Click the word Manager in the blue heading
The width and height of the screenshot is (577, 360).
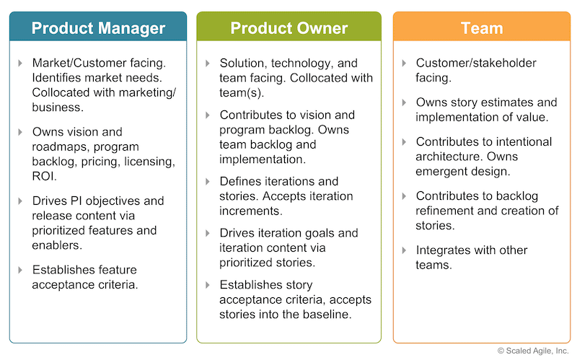pos(132,28)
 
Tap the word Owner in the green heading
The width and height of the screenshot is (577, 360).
pos(322,28)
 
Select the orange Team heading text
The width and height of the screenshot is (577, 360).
pos(482,28)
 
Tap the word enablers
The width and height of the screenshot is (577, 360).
pos(57,245)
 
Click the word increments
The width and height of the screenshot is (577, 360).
pos(250,211)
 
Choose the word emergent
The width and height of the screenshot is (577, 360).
pos(440,172)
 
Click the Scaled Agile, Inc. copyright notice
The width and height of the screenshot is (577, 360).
pos(533,351)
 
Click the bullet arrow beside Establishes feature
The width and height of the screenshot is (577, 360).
pos(20,271)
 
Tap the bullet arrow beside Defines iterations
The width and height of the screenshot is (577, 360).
pos(208,182)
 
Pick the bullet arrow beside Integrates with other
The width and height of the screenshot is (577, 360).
pos(404,250)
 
